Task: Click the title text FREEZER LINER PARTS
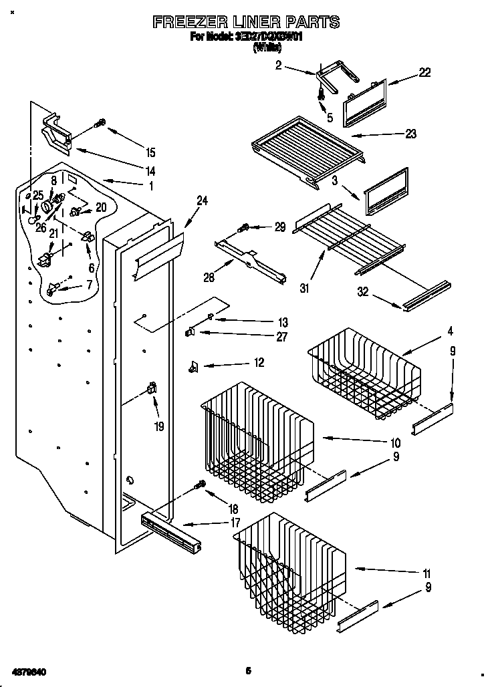tap(246, 22)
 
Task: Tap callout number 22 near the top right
tap(424, 73)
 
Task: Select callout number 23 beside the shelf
tap(410, 134)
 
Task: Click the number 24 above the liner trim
tap(202, 199)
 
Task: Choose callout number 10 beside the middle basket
tap(395, 442)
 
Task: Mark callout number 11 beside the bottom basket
tap(426, 573)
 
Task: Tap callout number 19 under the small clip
tap(158, 425)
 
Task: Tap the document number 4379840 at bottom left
tap(27, 670)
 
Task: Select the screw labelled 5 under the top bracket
tap(322, 96)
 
